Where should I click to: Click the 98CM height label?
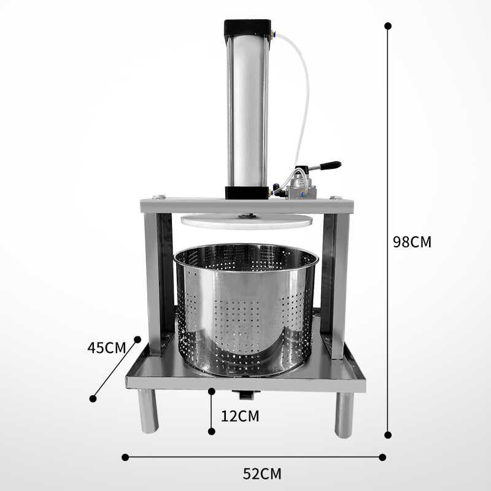tap(412, 242)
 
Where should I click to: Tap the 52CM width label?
tap(262, 474)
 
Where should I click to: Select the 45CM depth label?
tap(106, 348)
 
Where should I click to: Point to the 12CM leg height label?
tap(240, 416)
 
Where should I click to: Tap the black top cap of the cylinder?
tap(247, 28)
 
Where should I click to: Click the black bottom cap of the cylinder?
tap(247, 193)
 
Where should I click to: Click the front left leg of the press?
tap(148, 411)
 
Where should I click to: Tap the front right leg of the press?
tap(344, 414)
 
